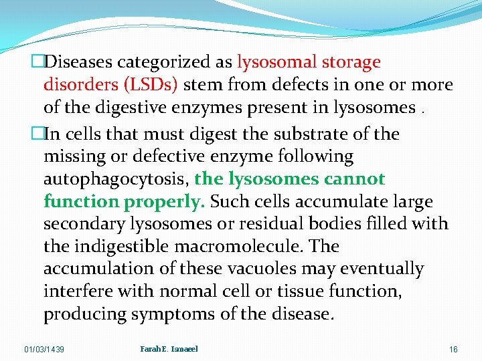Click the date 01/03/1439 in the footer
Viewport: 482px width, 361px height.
pyautogui.click(x=44, y=350)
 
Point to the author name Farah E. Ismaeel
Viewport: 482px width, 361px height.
pyautogui.click(x=169, y=348)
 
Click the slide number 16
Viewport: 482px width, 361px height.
pyautogui.click(x=453, y=350)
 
